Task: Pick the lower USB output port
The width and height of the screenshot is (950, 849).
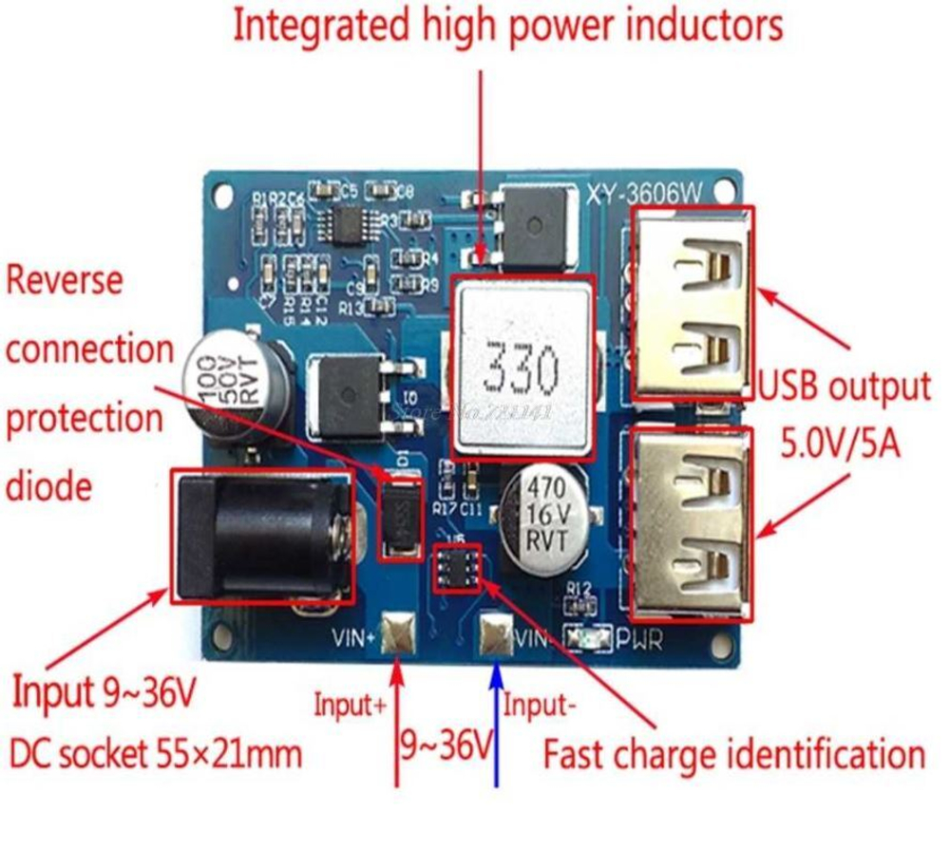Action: pos(692,525)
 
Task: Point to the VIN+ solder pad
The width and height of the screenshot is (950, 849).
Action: pos(398,633)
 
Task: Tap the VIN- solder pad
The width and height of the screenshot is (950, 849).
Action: pos(496,633)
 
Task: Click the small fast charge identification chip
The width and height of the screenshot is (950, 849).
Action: pos(457,567)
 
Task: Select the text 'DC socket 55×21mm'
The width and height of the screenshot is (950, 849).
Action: pos(156,754)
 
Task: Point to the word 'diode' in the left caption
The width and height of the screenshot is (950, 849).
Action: pos(49,486)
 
